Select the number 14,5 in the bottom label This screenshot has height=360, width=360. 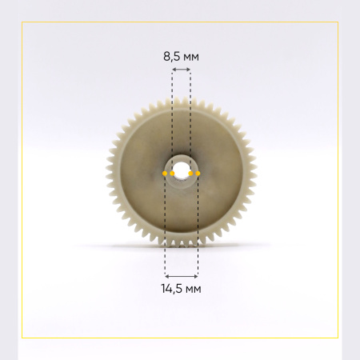pos(171,289)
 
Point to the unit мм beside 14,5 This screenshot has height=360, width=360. pos(193,290)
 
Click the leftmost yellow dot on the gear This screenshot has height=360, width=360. pos(165,174)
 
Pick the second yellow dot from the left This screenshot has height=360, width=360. pos(172,174)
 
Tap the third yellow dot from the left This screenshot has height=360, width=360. pos(190,174)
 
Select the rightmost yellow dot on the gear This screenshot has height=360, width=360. pos(198,174)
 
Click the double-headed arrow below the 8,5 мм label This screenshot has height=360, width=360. pos(182,70)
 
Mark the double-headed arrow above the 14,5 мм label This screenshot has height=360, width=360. pos(182,277)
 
